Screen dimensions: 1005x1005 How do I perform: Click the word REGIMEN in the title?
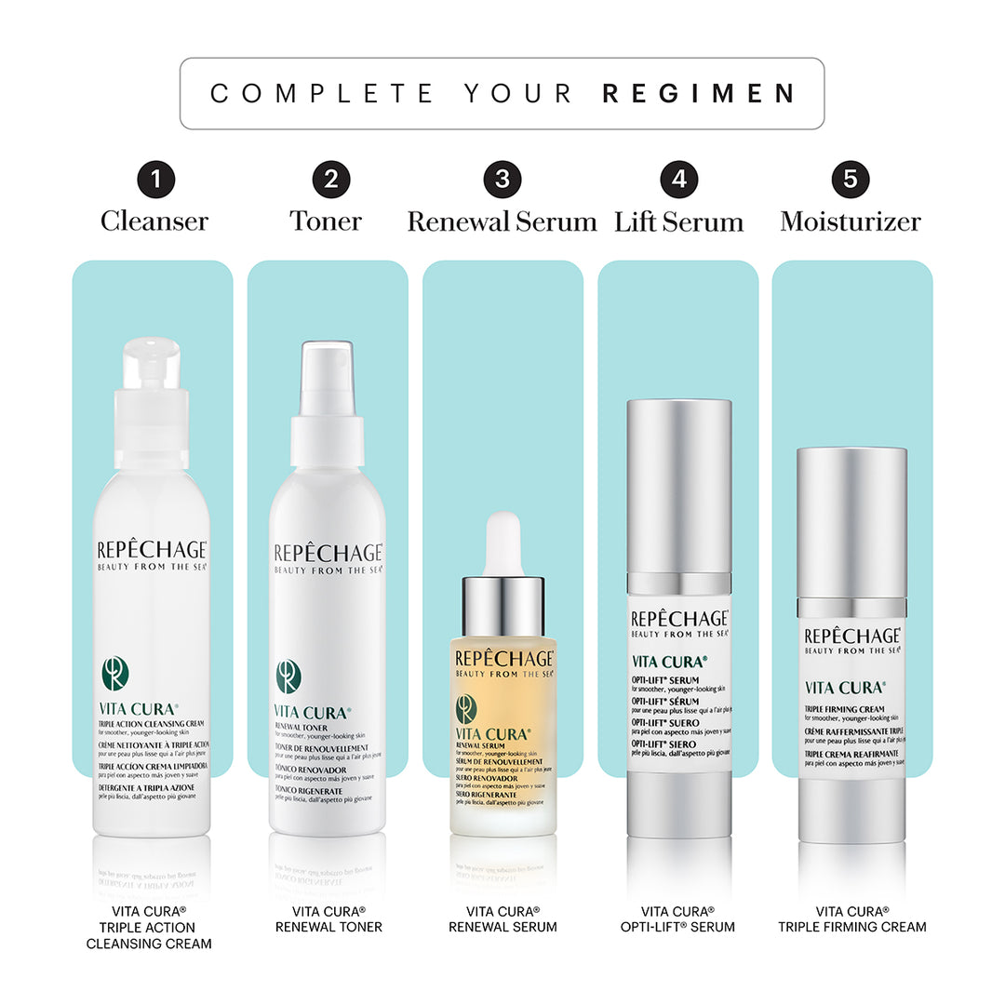click(699, 93)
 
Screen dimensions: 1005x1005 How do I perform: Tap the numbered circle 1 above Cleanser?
click(155, 179)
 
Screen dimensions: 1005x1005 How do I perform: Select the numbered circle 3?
click(502, 179)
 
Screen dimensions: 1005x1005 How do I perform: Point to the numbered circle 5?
click(851, 179)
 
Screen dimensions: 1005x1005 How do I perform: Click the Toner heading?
click(326, 221)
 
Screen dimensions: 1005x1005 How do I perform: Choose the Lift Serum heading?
click(678, 221)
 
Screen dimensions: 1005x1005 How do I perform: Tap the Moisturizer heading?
click(851, 221)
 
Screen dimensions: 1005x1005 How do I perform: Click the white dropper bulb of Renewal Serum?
click(503, 543)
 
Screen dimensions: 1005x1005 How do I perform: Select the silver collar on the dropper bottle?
click(503, 606)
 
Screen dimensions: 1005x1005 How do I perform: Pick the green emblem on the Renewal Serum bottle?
click(466, 709)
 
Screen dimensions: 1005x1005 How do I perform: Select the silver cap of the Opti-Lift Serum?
click(678, 484)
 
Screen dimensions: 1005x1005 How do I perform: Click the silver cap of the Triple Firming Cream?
click(851, 521)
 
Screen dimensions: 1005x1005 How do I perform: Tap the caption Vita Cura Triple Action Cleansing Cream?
click(149, 927)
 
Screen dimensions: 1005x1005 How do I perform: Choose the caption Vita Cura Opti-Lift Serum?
click(677, 918)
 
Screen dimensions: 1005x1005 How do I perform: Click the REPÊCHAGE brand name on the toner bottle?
click(328, 553)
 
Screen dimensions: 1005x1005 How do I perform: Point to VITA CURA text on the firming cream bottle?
click(844, 688)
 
